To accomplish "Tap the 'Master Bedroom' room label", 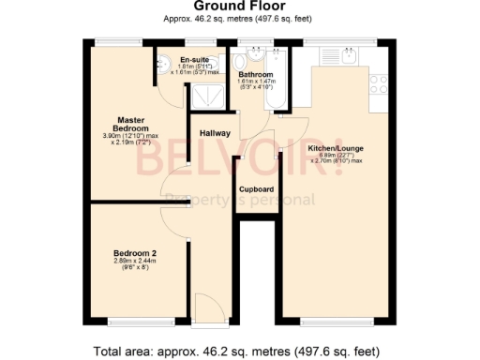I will (x=131, y=124).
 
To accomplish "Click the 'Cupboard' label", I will (x=256, y=188).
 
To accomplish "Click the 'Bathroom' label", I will (x=255, y=74).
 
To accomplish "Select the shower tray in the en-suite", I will (x=203, y=96).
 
